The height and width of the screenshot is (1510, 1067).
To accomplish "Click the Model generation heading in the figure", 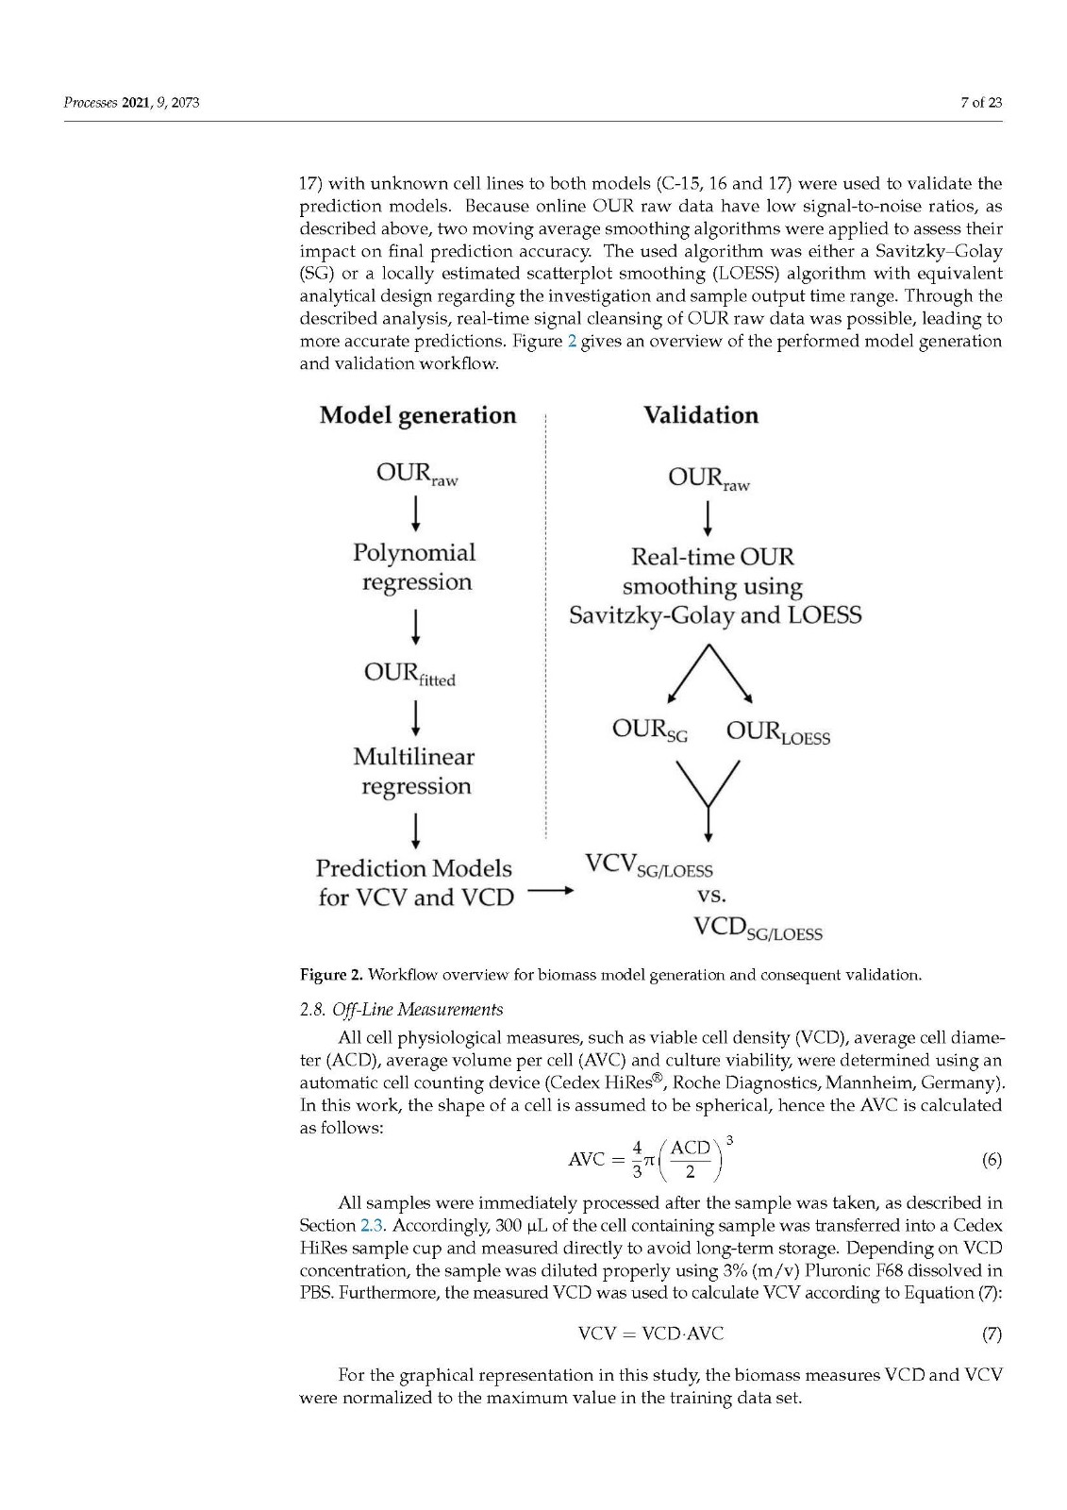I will click(x=418, y=415).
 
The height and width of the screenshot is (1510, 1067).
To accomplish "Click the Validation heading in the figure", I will click(x=701, y=415).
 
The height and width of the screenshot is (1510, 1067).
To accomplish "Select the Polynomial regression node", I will click(x=415, y=567).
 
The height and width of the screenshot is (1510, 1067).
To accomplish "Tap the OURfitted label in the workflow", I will click(x=409, y=674).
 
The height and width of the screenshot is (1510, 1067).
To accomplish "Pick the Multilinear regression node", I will click(x=415, y=771).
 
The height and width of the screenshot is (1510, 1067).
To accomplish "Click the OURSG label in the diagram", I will click(x=649, y=730).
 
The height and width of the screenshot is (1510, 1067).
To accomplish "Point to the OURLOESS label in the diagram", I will click(x=778, y=732).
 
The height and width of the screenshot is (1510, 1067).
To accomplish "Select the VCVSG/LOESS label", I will click(x=649, y=865).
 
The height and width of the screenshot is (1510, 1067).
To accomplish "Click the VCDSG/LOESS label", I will click(x=758, y=929).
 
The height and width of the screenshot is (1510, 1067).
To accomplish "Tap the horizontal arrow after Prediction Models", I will click(x=550, y=890).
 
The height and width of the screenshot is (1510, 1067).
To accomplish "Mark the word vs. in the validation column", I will click(x=711, y=895).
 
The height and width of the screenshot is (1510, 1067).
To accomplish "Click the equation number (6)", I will click(x=992, y=1160).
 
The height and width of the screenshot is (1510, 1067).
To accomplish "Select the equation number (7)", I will click(x=992, y=1334).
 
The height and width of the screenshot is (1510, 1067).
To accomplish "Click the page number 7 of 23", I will click(x=981, y=103).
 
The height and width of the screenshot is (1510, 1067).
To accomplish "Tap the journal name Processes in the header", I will click(x=91, y=103).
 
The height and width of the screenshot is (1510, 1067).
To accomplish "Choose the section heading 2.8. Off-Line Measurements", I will click(x=401, y=1010).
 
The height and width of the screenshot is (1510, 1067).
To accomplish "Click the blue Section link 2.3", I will click(x=372, y=1226).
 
